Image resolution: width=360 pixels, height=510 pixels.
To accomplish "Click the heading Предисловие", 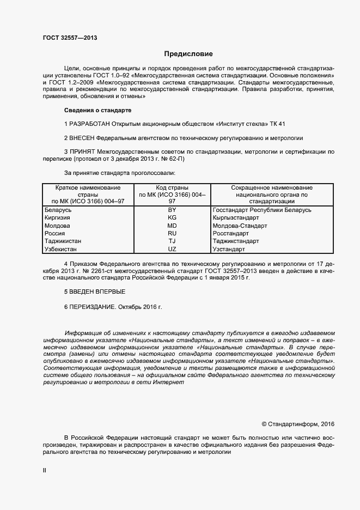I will tap(188, 54).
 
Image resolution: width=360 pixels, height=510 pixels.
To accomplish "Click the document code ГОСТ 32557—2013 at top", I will tap(70, 38).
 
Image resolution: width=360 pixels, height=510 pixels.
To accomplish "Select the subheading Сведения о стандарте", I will tap(94, 110).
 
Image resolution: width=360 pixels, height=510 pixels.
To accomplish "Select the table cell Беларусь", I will tap(58, 210).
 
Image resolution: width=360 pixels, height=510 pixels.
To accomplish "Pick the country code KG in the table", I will tap(172, 217).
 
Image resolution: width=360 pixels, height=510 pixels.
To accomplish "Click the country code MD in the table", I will tap(172, 226).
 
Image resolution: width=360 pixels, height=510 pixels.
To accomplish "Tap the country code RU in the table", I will tap(172, 233).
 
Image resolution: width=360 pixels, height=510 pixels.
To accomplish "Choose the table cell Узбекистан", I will tap(61, 249).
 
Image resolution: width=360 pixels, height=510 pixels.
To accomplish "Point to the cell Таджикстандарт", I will tap(236, 241).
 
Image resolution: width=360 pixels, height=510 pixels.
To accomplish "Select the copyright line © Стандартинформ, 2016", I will tap(298, 423).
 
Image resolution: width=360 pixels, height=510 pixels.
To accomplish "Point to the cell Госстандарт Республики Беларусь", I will tap(261, 210).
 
